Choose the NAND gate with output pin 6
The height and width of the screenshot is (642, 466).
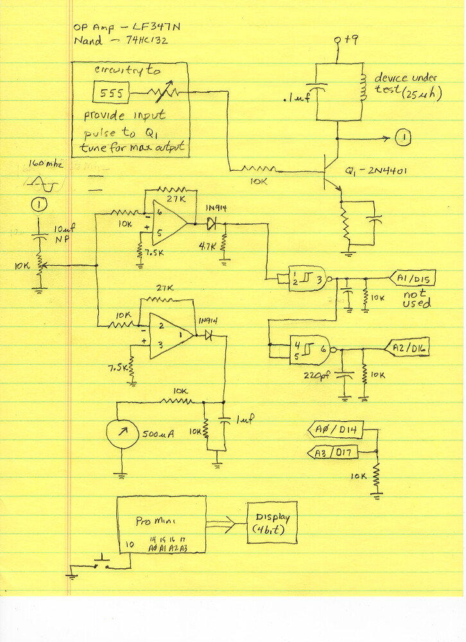pyautogui.click(x=309, y=349)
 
